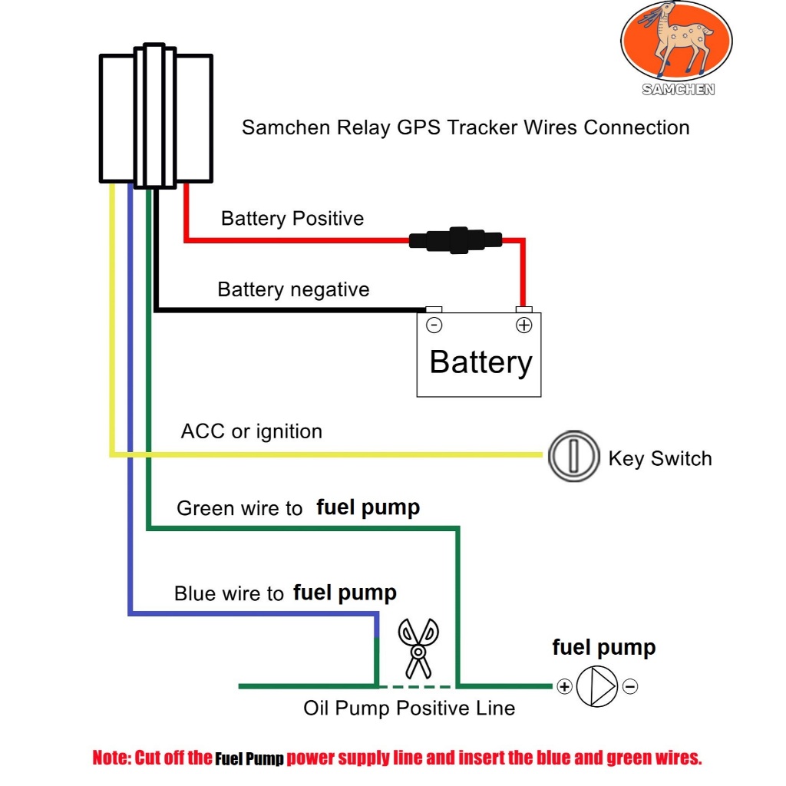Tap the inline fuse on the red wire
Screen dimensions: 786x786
[x=455, y=239]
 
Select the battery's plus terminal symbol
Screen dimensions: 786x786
[x=523, y=325]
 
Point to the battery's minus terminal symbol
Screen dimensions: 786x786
[x=434, y=325]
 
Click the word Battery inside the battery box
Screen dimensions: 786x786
[x=481, y=362]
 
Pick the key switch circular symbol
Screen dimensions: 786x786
[x=573, y=457]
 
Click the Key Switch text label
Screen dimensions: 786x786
[x=659, y=458]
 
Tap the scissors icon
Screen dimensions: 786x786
[x=418, y=647]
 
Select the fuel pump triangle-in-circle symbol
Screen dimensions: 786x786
[x=596, y=686]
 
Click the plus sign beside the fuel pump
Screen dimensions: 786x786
[x=564, y=686]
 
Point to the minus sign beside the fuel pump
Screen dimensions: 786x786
[x=630, y=686]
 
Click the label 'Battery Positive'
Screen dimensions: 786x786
[x=292, y=219]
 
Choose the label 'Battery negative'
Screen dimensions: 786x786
[x=293, y=289]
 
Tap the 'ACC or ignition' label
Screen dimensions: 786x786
[x=251, y=431]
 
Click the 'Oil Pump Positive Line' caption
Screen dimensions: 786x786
[x=409, y=708]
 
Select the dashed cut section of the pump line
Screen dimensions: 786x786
[x=417, y=685]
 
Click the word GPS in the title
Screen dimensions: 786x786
[x=419, y=127]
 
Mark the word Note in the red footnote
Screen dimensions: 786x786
[x=111, y=758]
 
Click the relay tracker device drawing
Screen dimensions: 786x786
[x=156, y=117]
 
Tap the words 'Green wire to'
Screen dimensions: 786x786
[x=239, y=508]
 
